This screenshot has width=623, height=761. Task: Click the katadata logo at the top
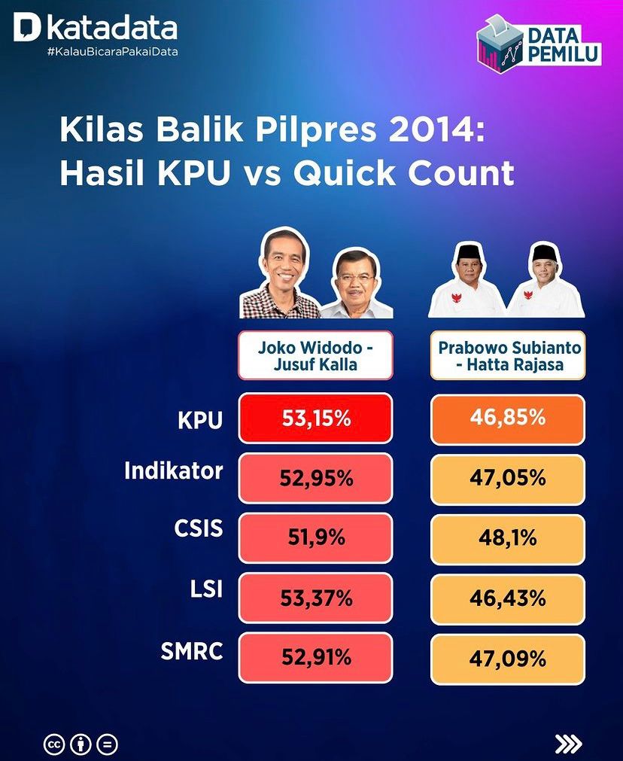click(96, 28)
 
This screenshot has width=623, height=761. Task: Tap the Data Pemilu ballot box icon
click(500, 44)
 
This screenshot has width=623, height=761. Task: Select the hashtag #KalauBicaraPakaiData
click(113, 51)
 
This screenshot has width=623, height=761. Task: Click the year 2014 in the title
click(436, 129)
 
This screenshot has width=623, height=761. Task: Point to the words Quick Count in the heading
click(403, 173)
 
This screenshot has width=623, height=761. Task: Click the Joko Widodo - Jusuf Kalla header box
click(315, 355)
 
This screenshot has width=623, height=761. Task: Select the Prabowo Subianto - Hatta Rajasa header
click(508, 355)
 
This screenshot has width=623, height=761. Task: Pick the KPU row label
click(200, 420)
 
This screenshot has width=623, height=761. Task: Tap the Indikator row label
click(174, 470)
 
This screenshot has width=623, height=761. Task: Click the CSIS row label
click(199, 528)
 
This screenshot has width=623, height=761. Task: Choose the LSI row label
click(206, 589)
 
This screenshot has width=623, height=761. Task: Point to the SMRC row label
click(192, 651)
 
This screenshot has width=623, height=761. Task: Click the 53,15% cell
click(315, 418)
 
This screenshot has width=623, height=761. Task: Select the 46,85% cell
click(508, 419)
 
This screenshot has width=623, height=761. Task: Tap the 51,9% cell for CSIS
click(315, 537)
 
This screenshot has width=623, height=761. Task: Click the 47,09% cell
click(508, 659)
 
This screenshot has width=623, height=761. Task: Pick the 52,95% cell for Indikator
click(315, 478)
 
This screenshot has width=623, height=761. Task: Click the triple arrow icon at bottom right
click(569, 744)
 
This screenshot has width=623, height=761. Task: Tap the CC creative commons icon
click(54, 744)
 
